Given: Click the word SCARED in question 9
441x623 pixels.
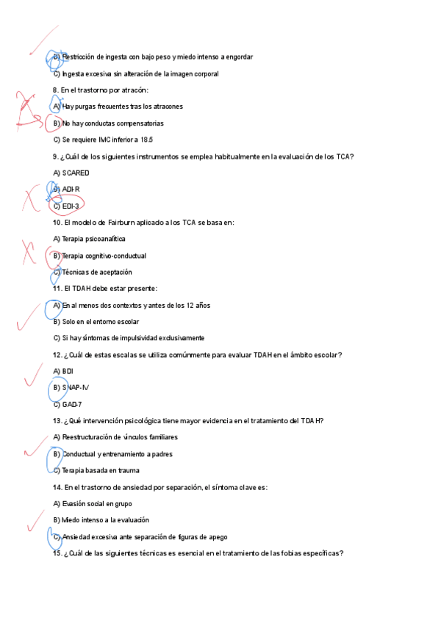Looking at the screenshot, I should (x=76, y=173).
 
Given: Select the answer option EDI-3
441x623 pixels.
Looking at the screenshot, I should (x=71, y=206).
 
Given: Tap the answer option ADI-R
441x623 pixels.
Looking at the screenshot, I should (x=71, y=190).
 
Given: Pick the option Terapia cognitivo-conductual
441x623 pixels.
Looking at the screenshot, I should (x=104, y=256).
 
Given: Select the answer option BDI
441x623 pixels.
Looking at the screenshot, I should (x=68, y=371).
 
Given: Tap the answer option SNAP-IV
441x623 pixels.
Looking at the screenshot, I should (x=75, y=388).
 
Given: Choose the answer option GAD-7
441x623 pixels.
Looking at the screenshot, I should (x=71, y=404).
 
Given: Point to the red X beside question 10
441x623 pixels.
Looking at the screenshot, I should (x=29, y=252).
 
